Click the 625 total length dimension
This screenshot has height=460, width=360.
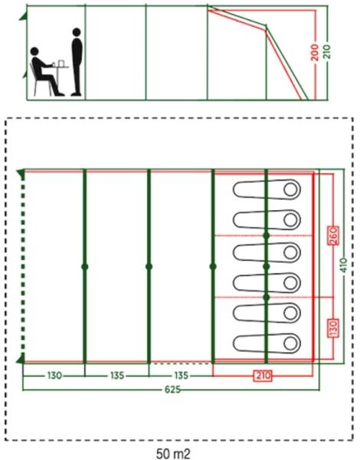[172, 389]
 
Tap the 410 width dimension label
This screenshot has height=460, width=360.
[344, 265]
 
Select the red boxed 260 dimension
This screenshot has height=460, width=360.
[334, 236]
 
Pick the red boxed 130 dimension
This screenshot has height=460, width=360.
[334, 327]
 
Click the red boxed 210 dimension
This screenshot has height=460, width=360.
[263, 376]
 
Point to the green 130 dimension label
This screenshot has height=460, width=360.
[54, 375]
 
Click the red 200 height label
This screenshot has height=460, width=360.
[315, 52]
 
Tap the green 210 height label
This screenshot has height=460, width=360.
[327, 51]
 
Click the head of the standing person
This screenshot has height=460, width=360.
[77, 32]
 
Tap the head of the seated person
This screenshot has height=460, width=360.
[34, 51]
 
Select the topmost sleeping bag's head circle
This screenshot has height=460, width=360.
[290, 189]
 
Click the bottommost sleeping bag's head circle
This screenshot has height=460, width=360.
[290, 343]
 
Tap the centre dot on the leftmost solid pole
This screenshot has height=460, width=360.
[85, 267]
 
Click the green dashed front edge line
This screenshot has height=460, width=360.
[23, 266]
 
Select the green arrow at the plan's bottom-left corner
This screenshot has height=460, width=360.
[20, 359]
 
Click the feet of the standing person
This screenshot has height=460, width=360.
[76, 94]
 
